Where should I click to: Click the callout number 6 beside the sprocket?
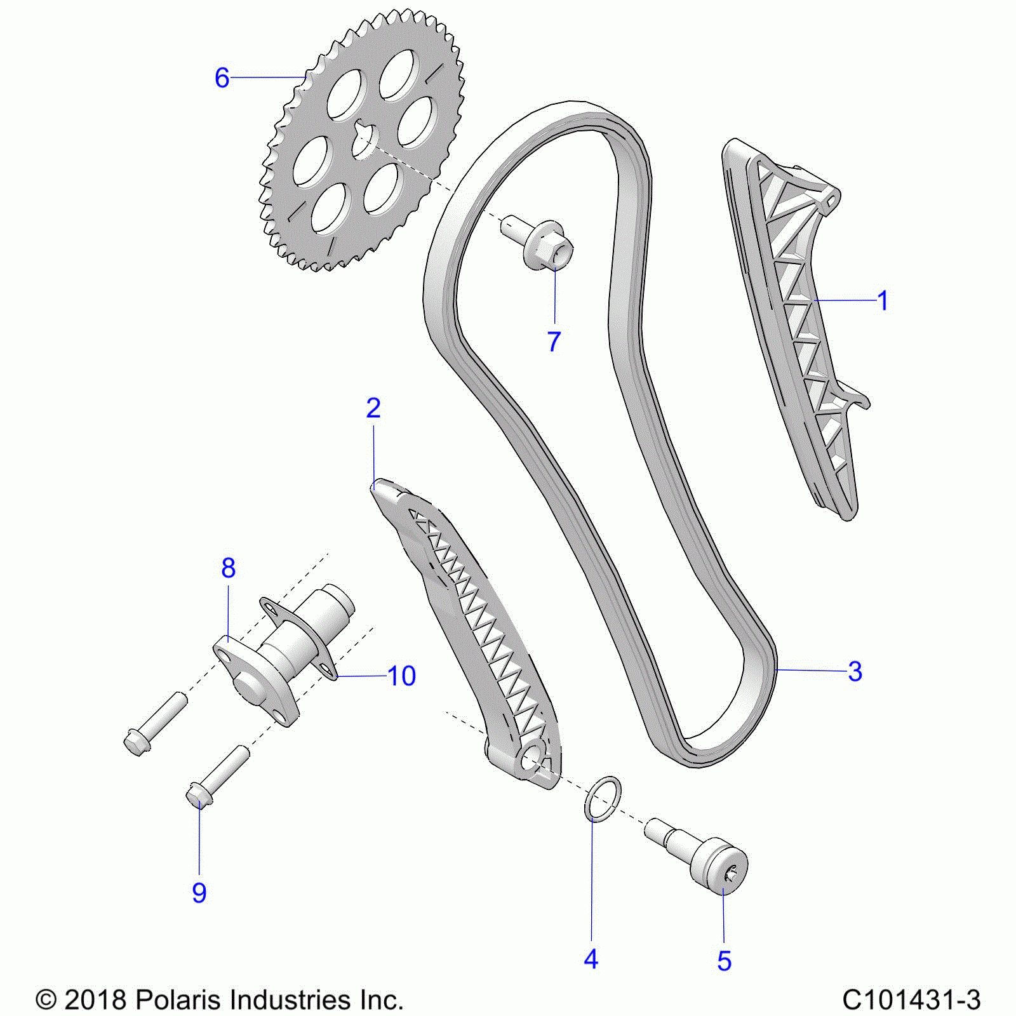(x=222, y=78)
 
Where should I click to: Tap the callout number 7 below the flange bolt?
(x=554, y=341)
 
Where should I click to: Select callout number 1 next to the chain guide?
(x=882, y=300)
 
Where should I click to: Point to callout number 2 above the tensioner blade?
(x=373, y=408)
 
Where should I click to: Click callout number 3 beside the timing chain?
(x=855, y=671)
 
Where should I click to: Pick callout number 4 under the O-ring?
(x=591, y=959)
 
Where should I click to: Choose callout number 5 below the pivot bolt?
(x=724, y=961)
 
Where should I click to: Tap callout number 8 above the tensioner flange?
(x=228, y=568)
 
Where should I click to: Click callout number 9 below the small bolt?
(x=199, y=893)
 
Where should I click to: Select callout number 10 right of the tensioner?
(x=401, y=676)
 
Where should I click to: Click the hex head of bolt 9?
(x=199, y=796)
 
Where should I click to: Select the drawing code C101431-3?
(x=911, y=999)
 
